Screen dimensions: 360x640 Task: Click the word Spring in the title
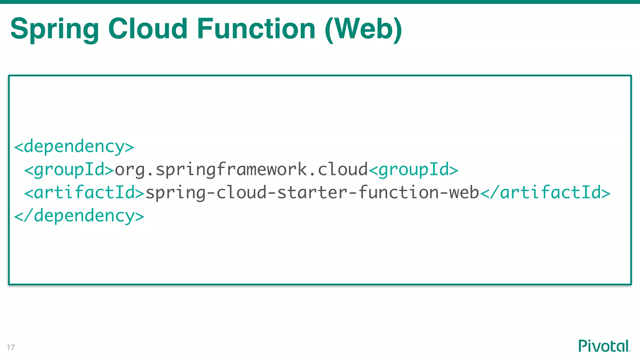pos(55,29)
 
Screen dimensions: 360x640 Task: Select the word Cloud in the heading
pos(147,29)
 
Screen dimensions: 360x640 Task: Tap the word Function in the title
pos(256,29)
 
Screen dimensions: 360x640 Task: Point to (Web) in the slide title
pos(363,29)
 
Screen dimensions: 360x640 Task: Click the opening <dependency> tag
pos(74,147)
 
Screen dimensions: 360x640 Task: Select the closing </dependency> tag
pos(79,216)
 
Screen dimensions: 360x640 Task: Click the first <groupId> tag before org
pos(69,170)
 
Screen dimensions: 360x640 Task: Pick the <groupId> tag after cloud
pos(413,170)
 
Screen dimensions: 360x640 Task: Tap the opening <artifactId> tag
pos(84,192)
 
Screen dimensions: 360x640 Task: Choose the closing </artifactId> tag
pos(545,192)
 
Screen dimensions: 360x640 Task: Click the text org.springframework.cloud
pos(241,170)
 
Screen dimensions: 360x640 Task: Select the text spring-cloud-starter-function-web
pos(312,192)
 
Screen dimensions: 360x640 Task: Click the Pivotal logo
pos(604,346)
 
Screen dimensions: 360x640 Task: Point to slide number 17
pos(11,347)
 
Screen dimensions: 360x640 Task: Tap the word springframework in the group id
pos(231,170)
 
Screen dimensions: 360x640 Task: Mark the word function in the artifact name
pos(398,192)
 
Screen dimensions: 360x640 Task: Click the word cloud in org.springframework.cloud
pos(342,170)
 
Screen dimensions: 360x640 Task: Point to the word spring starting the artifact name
pos(175,192)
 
